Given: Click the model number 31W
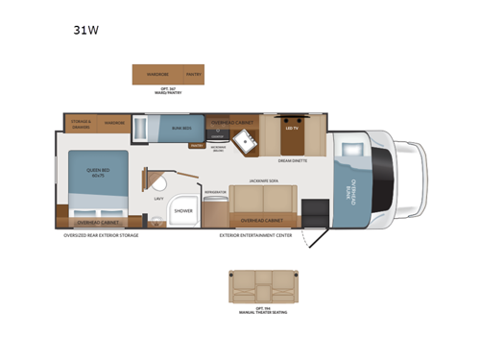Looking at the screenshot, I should coord(86,30).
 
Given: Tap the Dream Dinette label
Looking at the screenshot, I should coord(292,160).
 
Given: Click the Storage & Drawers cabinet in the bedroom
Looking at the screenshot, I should coord(81,123).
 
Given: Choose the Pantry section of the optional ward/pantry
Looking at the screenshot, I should coord(193,73).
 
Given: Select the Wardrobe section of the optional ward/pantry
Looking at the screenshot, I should coord(157,73).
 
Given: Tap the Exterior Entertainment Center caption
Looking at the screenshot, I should coord(255,233).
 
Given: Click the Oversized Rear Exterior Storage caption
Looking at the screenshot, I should coord(101,233).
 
